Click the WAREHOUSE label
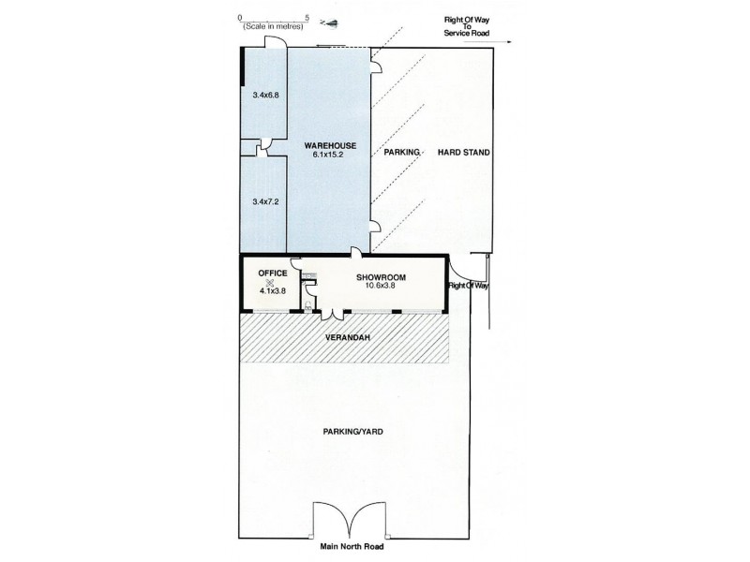tap(329, 145)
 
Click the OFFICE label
tap(272, 273)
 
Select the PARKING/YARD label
tap(345, 432)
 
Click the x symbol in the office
tap(270, 282)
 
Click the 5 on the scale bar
tap(307, 17)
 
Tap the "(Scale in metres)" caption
tap(274, 28)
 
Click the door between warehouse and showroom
tap(357, 250)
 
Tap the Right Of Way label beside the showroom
tap(469, 286)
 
